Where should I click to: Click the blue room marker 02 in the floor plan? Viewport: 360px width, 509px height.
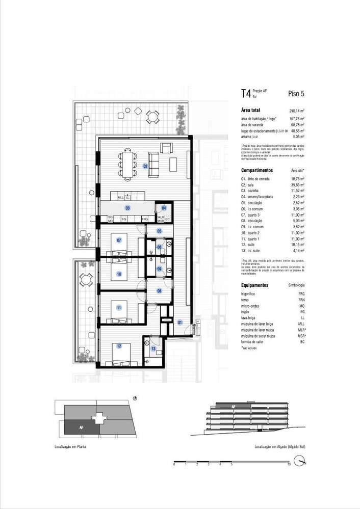click(145, 166)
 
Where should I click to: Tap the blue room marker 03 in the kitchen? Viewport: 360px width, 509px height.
click(127, 208)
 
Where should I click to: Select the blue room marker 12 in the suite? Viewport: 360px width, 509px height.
click(119, 346)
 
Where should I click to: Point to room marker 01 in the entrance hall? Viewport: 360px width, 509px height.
click(179, 322)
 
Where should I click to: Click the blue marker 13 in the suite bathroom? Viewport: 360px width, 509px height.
click(153, 349)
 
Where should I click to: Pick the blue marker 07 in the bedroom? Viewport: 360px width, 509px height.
click(119, 240)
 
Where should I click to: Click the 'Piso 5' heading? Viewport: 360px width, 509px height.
click(296, 93)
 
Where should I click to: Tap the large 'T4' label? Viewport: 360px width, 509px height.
click(246, 93)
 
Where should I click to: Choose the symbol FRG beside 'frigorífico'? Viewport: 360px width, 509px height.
click(301, 294)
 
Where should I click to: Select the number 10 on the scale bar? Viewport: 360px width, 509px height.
click(289, 465)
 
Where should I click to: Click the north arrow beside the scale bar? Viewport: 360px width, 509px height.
click(304, 462)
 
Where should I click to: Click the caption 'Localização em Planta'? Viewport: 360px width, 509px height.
click(69, 446)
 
